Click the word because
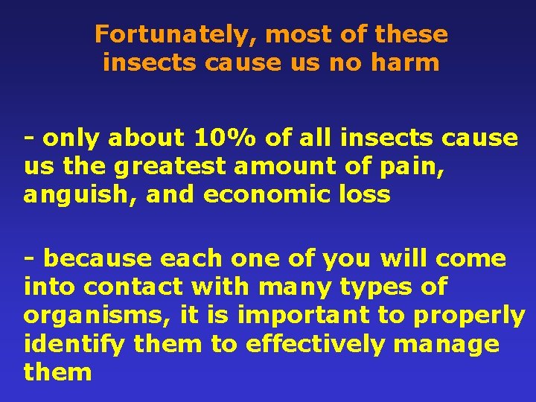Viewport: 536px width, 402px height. click(x=102, y=259)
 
